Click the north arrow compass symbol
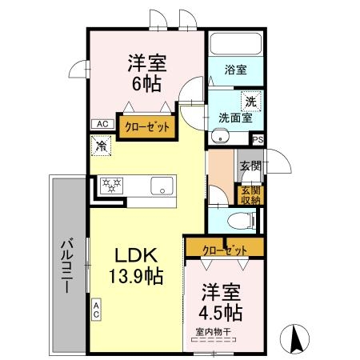(294, 339)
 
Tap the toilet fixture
(242, 221)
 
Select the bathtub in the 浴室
(236, 44)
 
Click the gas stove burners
(111, 186)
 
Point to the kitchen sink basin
(162, 186)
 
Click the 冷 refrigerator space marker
(101, 146)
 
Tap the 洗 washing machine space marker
(251, 102)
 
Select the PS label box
(258, 139)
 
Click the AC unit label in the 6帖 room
(102, 124)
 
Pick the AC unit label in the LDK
(96, 310)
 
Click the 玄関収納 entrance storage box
(250, 195)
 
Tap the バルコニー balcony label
(67, 266)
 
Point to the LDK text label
(136, 255)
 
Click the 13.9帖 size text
(136, 276)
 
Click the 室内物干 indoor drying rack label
(213, 332)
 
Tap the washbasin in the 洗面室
(220, 136)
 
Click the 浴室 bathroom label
(236, 70)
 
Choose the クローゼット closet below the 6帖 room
(147, 127)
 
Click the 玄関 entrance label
(250, 166)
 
